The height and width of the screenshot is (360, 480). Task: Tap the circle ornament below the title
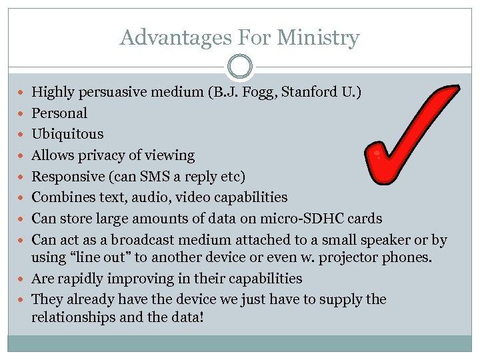240,67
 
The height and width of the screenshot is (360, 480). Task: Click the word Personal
59,113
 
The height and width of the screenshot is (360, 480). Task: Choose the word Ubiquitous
67,134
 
